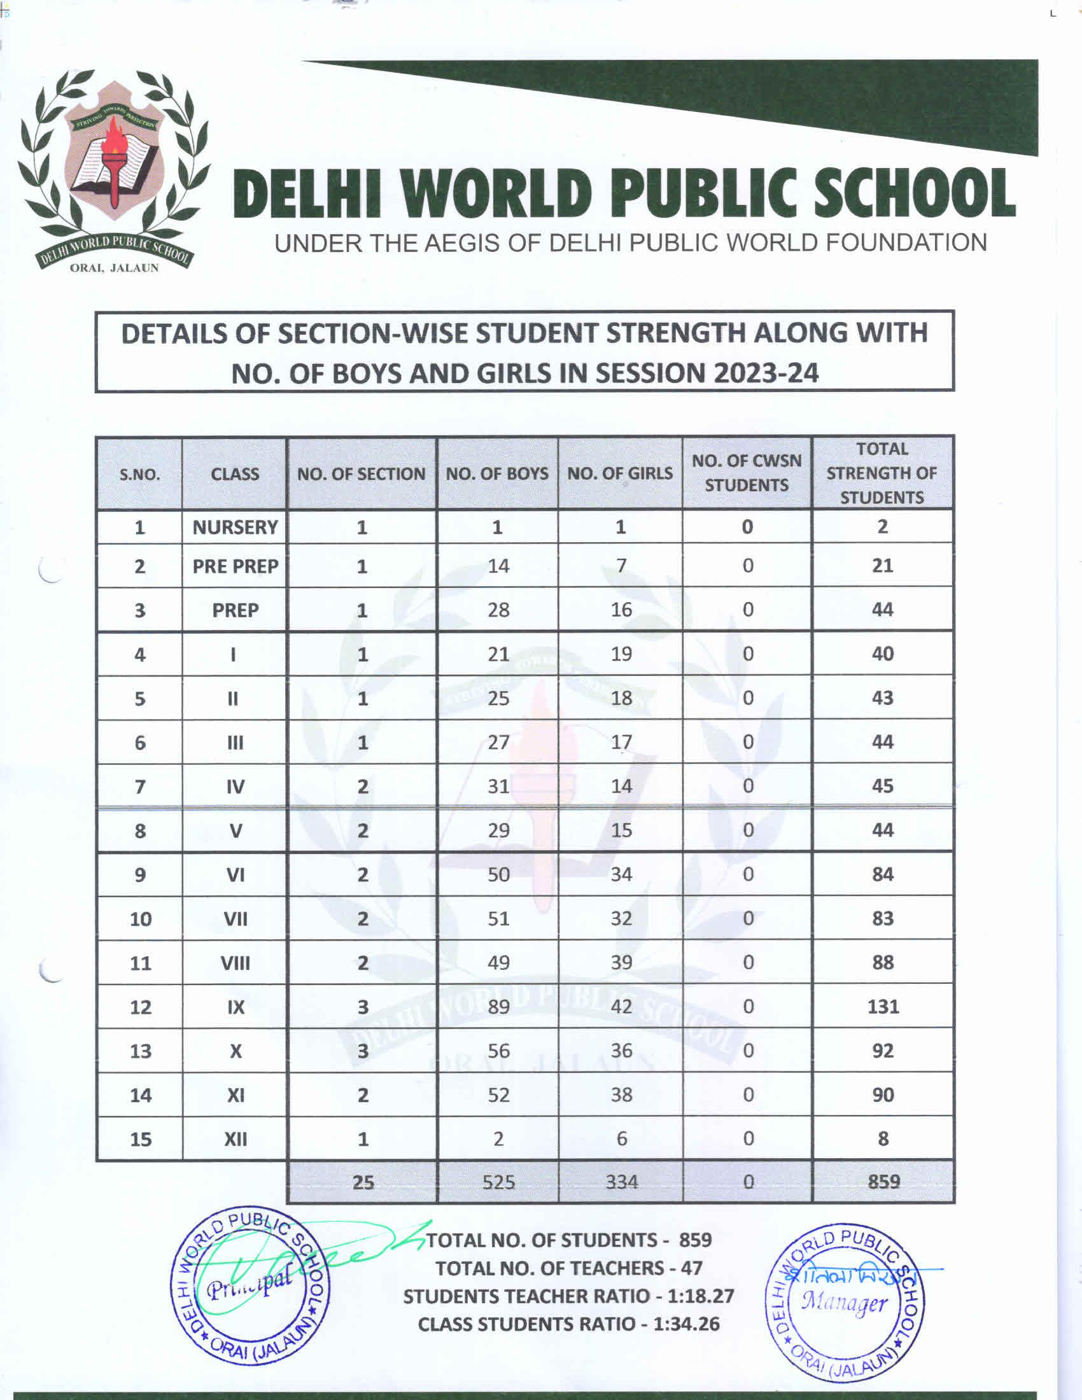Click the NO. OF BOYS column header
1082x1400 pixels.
[497, 473]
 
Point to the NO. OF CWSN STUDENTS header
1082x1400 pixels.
[747, 473]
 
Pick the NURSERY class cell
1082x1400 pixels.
[235, 527]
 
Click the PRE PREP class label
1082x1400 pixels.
[235, 566]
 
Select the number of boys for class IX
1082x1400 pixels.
[499, 1007]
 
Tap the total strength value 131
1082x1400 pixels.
[883, 1007]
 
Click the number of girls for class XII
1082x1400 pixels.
[622, 1138]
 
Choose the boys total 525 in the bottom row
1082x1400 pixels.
[499, 1182]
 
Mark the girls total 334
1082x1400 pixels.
[622, 1182]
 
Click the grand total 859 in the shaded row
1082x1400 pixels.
[884, 1182]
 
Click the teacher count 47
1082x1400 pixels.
[691, 1268]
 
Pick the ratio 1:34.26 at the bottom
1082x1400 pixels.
[687, 1324]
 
